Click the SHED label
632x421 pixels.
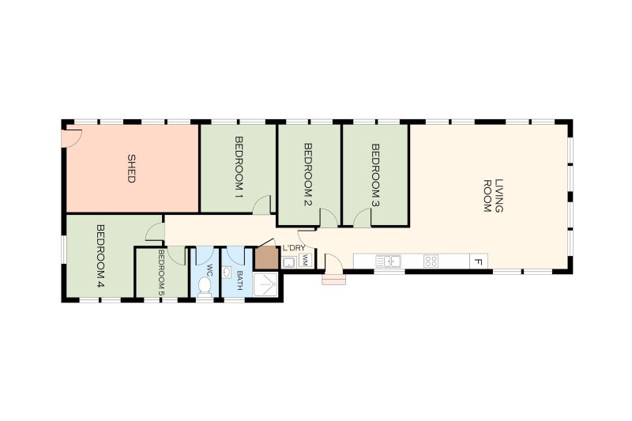coord(132,167)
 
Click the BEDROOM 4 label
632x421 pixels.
coord(100,256)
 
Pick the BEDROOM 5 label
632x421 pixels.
coord(160,273)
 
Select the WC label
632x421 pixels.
coord(209,269)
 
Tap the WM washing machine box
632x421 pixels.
coord(304,260)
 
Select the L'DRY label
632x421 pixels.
coord(294,248)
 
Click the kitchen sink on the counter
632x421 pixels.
coord(389,261)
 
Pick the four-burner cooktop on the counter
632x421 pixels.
coord(431,261)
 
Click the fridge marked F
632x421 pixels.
coord(478,261)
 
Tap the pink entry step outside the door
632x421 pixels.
coord(333,278)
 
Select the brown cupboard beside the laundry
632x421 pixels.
coord(266,259)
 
